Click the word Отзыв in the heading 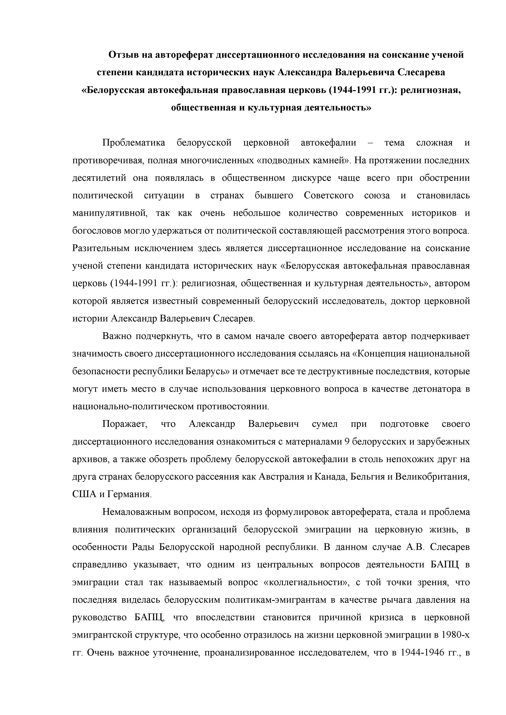(x=124, y=55)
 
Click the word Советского (x=329, y=196)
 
